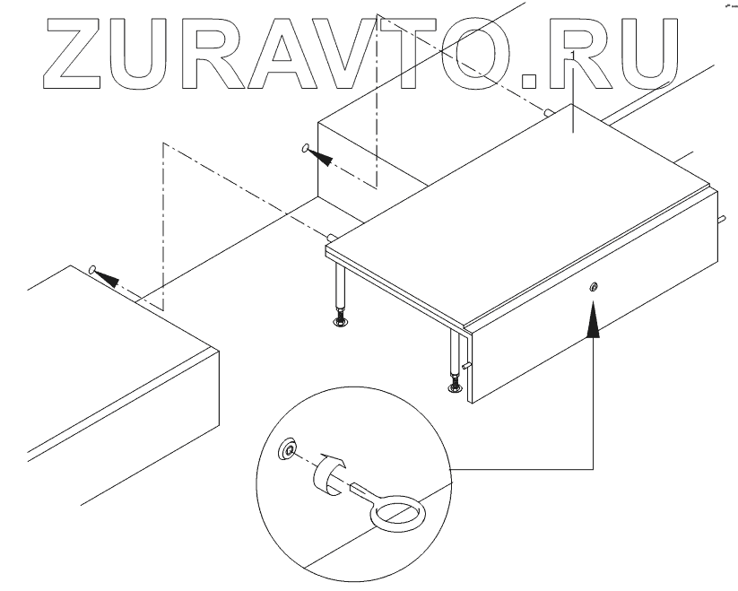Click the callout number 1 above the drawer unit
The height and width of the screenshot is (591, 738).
pyautogui.click(x=571, y=55)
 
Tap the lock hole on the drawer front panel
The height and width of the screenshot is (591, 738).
pyautogui.click(x=593, y=287)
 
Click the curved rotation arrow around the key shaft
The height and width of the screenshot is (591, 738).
pyautogui.click(x=332, y=469)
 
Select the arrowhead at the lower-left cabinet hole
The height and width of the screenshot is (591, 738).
pyautogui.click(x=108, y=277)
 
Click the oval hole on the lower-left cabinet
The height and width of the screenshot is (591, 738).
pyautogui.click(x=91, y=268)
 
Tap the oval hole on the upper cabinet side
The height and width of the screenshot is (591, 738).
pyautogui.click(x=306, y=148)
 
